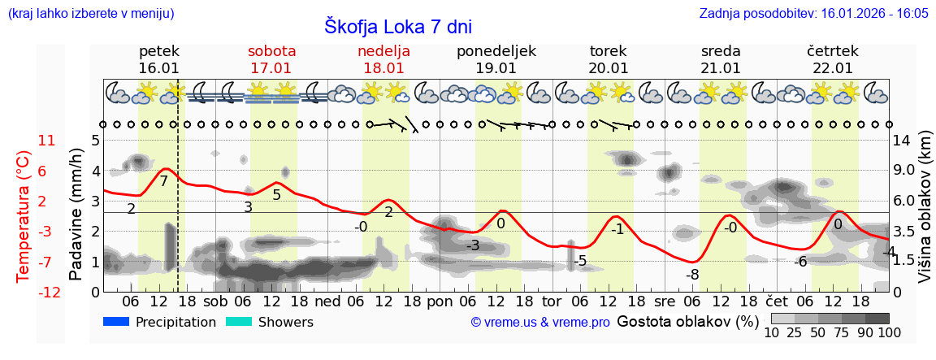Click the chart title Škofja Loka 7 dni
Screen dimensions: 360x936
pyautogui.click(x=397, y=26)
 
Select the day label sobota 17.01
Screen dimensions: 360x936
pyautogui.click(x=271, y=59)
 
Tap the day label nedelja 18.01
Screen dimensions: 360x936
pyautogui.click(x=383, y=59)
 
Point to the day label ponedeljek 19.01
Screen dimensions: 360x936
pyautogui.click(x=496, y=59)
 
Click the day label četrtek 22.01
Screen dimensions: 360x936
pyautogui.click(x=832, y=59)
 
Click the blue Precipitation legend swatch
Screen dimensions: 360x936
pyautogui.click(x=116, y=322)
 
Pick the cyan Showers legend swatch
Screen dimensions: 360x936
pyautogui.click(x=238, y=322)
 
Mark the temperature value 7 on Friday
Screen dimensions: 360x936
pyautogui.click(x=163, y=181)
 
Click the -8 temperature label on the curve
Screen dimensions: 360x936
pyautogui.click(x=692, y=275)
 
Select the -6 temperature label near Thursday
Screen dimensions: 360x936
pyautogui.click(x=799, y=261)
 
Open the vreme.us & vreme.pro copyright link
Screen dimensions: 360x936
pyautogui.click(x=540, y=323)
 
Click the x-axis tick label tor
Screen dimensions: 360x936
pyautogui.click(x=552, y=300)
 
